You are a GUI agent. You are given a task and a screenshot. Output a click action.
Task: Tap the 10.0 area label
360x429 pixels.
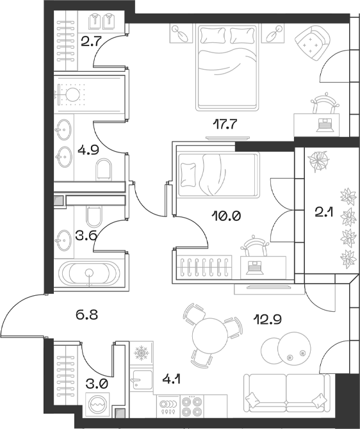tap(226, 216)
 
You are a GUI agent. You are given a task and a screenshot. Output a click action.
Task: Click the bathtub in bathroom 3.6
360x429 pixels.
tap(89, 273)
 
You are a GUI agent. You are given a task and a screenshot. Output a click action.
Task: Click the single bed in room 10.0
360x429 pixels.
tap(216, 175)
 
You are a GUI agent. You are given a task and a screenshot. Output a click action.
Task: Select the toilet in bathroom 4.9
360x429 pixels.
tap(102, 170)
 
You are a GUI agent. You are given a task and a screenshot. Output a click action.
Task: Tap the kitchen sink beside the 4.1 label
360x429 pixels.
tap(140, 382)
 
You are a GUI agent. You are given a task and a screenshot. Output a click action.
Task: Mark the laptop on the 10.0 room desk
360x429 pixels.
tap(258, 266)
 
